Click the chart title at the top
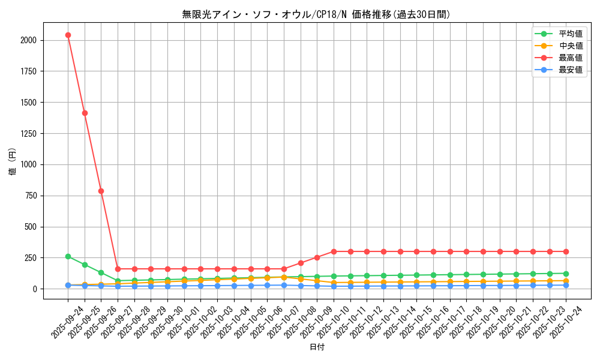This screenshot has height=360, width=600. (316, 14)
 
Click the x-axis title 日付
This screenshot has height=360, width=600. (316, 347)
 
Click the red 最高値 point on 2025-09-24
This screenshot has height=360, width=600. (68, 35)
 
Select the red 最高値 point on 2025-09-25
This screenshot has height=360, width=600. (85, 113)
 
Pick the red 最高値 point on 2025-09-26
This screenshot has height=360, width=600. (101, 191)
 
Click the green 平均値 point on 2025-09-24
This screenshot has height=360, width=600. (68, 256)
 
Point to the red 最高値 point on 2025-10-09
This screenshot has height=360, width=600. (317, 257)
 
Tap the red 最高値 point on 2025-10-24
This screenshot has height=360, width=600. (566, 251)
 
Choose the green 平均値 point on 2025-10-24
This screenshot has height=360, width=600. (566, 274)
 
